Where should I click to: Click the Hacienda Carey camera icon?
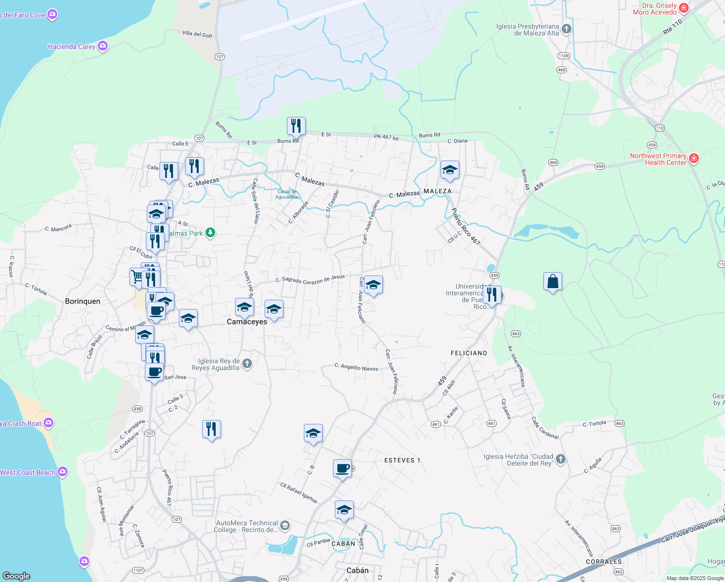(x=102, y=46)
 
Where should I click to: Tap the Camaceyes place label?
(x=247, y=322)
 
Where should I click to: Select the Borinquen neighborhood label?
(x=82, y=301)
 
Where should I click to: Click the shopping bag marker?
(x=552, y=282)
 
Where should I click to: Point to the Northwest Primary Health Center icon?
(x=693, y=159)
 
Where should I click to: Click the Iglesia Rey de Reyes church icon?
(x=247, y=364)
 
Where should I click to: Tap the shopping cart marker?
(x=137, y=277)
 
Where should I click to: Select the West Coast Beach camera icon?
(x=62, y=472)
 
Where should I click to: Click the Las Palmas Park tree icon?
(x=210, y=233)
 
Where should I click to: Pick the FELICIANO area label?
(x=469, y=353)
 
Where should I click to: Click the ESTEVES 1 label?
(x=402, y=460)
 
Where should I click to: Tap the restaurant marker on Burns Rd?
(x=296, y=126)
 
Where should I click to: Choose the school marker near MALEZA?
(x=450, y=170)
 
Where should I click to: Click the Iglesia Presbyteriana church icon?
(x=566, y=29)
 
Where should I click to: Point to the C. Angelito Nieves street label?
(x=356, y=367)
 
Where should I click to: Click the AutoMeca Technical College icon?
(x=285, y=526)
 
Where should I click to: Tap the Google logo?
(x=16, y=576)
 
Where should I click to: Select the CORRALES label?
(x=603, y=562)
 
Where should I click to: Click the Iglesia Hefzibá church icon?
(x=560, y=459)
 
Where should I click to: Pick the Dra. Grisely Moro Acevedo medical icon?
(x=684, y=8)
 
